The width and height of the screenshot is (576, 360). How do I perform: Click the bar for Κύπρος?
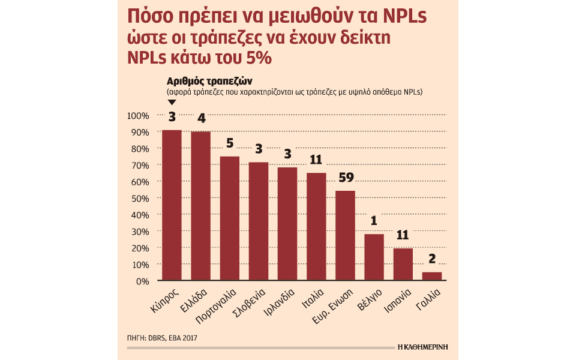[172, 205]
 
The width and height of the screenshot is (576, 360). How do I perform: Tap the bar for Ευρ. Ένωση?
[345, 235]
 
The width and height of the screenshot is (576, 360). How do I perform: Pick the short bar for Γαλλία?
[431, 276]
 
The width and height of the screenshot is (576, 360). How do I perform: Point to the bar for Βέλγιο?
[374, 257]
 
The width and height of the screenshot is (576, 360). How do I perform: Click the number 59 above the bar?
[346, 178]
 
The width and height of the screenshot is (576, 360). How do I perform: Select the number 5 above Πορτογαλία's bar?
[230, 144]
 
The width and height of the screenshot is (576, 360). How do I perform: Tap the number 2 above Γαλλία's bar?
[431, 259]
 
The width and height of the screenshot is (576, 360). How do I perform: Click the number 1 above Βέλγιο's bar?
[374, 221]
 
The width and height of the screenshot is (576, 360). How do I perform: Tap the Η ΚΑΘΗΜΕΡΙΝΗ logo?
[423, 347]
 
